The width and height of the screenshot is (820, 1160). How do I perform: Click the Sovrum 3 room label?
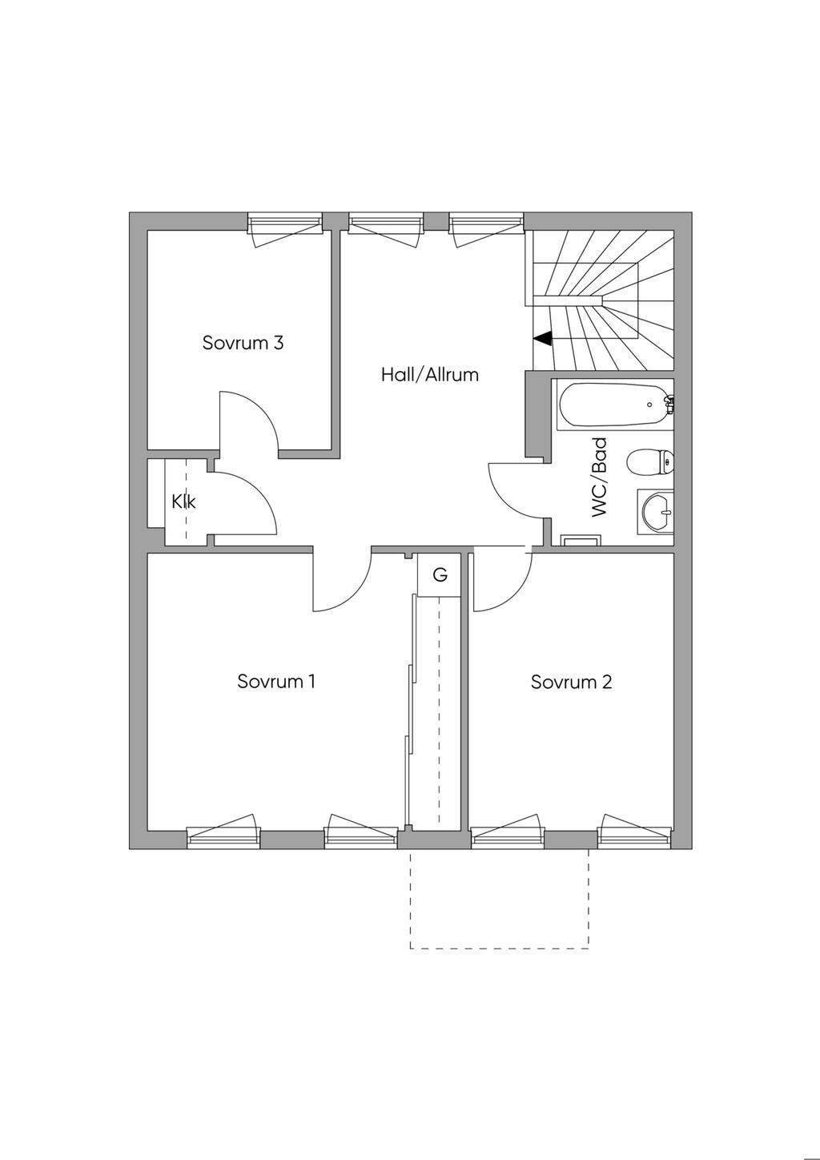click(x=243, y=343)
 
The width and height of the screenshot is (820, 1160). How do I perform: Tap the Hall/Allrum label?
click(x=430, y=374)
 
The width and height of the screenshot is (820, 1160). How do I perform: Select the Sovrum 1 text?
click(x=276, y=681)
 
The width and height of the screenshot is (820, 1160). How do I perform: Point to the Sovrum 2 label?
click(x=571, y=682)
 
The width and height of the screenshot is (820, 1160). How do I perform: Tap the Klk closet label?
click(x=183, y=501)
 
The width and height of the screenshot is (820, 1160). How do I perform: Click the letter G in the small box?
click(x=440, y=574)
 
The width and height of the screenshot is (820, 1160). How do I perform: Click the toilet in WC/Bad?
click(x=650, y=461)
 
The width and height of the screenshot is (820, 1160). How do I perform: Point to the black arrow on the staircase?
click(x=543, y=339)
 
